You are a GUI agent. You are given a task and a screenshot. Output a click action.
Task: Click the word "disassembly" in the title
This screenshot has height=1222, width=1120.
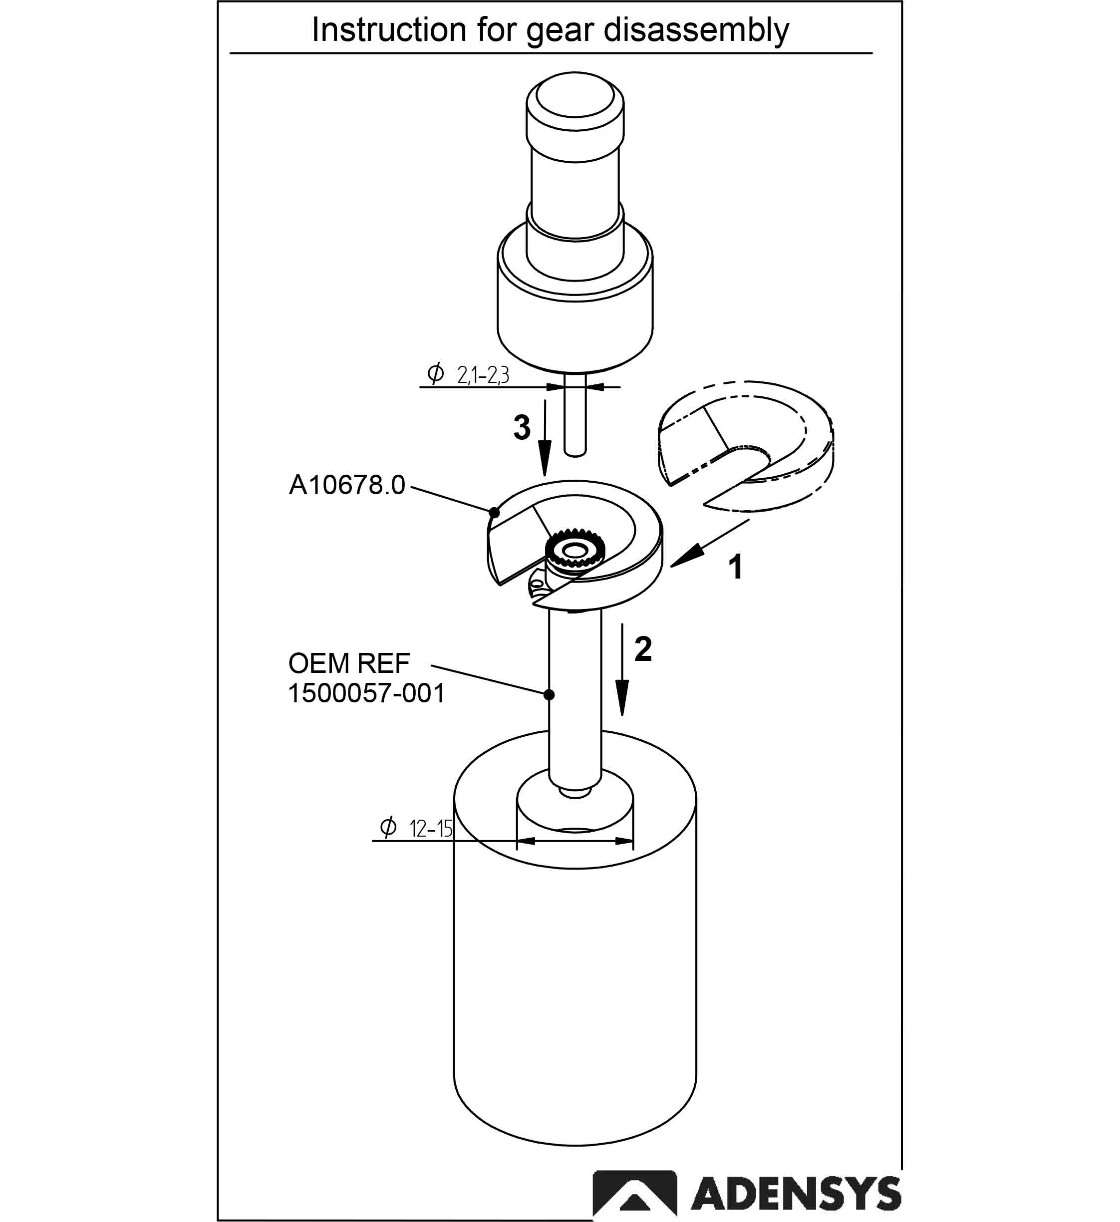[696, 30]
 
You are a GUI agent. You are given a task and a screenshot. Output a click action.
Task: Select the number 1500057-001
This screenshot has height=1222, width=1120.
[366, 693]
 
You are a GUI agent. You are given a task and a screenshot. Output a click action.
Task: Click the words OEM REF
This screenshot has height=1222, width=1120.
[349, 663]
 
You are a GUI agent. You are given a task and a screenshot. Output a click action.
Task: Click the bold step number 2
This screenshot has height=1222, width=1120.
[643, 649]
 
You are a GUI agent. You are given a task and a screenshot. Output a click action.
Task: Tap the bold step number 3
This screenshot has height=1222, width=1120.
[522, 427]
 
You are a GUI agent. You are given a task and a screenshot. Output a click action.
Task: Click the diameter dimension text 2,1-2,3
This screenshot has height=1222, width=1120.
[483, 375]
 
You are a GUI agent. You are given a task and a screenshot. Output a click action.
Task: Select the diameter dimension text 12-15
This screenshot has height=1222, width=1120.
[431, 828]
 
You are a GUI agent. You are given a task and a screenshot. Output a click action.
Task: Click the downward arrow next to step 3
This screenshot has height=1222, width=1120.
[545, 438]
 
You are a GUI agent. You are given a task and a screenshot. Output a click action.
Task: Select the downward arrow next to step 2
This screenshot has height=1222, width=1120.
[622, 670]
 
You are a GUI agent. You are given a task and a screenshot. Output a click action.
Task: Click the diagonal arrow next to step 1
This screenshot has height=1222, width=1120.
[710, 543]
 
